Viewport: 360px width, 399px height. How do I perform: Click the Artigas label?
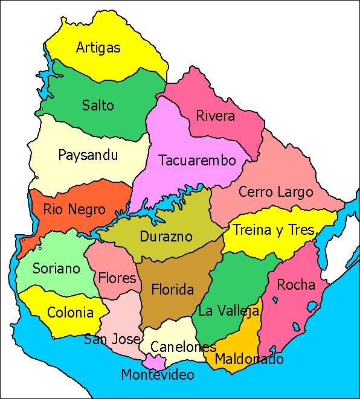(98, 48)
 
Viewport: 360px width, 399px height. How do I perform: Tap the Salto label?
(98, 106)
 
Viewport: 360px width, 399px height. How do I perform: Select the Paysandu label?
(88, 155)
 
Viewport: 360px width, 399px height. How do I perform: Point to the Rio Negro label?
(74, 210)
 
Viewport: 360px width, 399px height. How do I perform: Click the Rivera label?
(216, 116)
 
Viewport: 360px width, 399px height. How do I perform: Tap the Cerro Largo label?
(276, 193)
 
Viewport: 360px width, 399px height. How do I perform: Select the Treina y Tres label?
(274, 230)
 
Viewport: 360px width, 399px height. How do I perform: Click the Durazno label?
(166, 237)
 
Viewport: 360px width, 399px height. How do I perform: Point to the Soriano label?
(56, 268)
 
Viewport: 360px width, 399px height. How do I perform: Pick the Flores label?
(117, 278)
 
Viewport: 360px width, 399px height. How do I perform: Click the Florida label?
(172, 290)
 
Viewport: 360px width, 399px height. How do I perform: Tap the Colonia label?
(70, 313)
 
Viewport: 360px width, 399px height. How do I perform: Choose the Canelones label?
(183, 347)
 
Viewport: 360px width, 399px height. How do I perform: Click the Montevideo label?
(158, 375)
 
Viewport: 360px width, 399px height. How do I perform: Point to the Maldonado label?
(249, 359)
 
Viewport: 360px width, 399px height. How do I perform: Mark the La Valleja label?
(229, 311)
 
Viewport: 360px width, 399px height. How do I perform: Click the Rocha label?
(296, 284)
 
